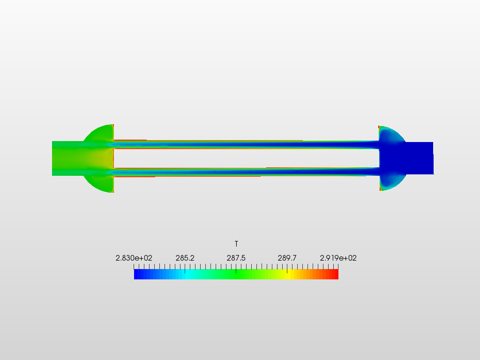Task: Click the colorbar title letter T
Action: pos(236,244)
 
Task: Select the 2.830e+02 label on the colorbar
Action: pos(134,258)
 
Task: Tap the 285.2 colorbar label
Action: pos(185,258)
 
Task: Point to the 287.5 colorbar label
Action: pos(236,258)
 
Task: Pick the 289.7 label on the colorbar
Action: pos(287,258)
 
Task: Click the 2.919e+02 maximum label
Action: pos(338,258)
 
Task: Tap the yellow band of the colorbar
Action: pos(288,274)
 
